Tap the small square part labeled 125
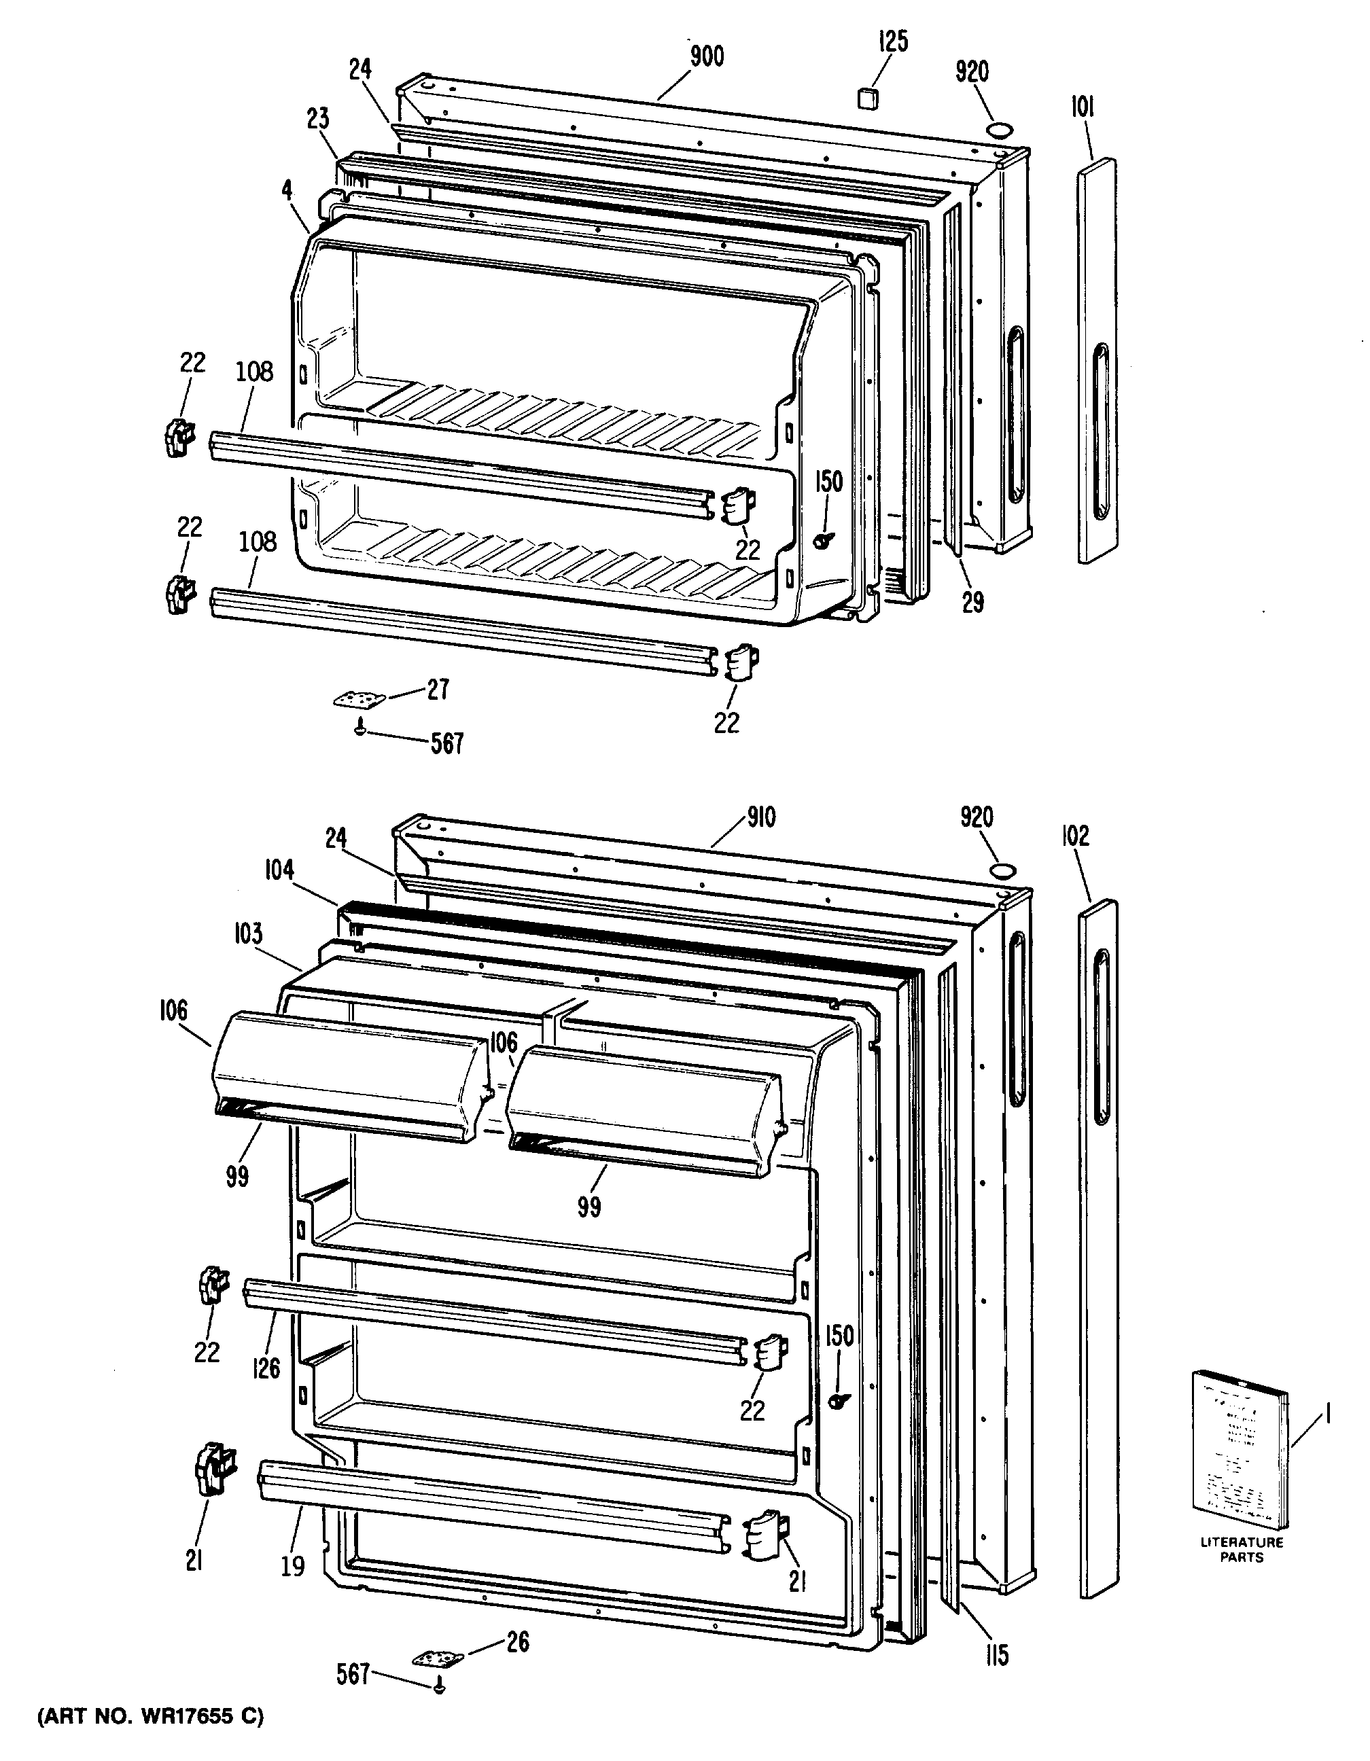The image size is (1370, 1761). [867, 98]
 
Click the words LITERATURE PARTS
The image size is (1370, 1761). [1241, 1550]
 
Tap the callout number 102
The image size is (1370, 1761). [1076, 836]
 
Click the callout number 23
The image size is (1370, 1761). [318, 120]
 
